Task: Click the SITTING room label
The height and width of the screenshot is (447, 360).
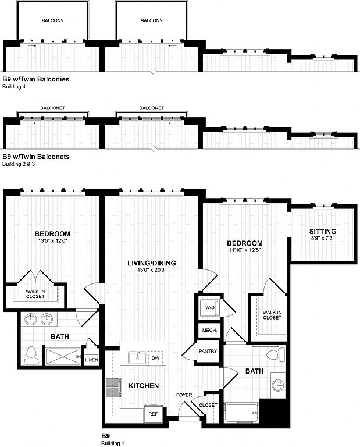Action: pyautogui.click(x=322, y=232)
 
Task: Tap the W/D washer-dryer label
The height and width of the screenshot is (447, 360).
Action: pyautogui.click(x=209, y=308)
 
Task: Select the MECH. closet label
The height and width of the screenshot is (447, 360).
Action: pyautogui.click(x=209, y=330)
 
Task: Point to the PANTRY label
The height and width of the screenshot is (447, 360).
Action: pyautogui.click(x=208, y=352)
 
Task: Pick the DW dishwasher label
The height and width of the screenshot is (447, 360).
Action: pyautogui.click(x=155, y=357)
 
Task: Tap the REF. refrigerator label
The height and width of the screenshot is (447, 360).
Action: pyautogui.click(x=154, y=414)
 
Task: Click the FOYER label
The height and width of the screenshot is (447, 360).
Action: pyautogui.click(x=184, y=395)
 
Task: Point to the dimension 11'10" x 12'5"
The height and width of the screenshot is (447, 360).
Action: pyautogui.click(x=244, y=251)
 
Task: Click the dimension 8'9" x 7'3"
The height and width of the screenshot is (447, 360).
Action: pyautogui.click(x=322, y=239)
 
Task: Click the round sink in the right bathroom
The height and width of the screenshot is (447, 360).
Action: pyautogui.click(x=279, y=385)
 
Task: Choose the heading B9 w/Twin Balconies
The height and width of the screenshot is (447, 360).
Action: pyautogui.click(x=36, y=79)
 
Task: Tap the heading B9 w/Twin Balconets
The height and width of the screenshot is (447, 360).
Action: pyautogui.click(x=36, y=157)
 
